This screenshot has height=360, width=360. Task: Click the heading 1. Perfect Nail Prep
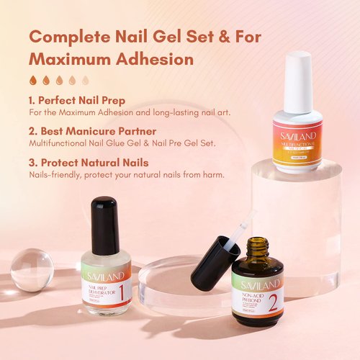coord(81,100)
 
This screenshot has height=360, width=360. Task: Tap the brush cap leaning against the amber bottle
coord(213,256)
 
